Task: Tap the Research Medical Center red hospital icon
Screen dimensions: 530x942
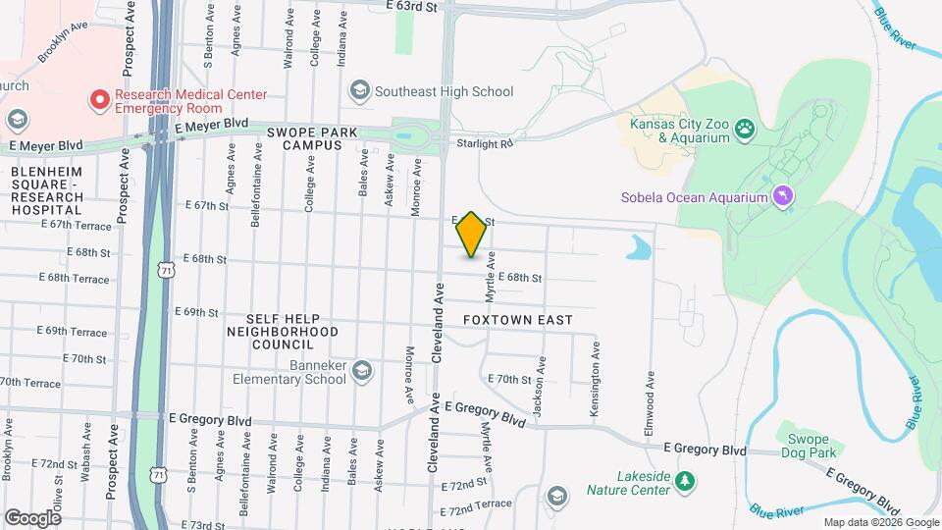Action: pos(99,100)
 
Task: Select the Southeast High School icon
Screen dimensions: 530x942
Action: pos(358,91)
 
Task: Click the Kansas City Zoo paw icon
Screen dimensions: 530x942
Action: pos(747,127)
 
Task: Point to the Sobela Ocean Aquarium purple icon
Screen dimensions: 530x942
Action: pos(783,197)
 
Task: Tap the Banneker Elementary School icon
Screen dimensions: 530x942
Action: pos(362,369)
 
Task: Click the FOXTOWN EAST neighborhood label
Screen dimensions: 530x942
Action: pos(517,320)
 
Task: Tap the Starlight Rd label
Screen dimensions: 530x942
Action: pos(484,144)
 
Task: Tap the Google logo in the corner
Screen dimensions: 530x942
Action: pos(32,517)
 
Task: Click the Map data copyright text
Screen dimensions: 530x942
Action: pos(880,522)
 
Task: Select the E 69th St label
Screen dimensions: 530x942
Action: pos(196,312)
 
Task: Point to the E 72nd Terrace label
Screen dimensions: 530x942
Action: pos(477,511)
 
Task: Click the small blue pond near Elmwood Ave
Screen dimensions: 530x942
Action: pos(639,247)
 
